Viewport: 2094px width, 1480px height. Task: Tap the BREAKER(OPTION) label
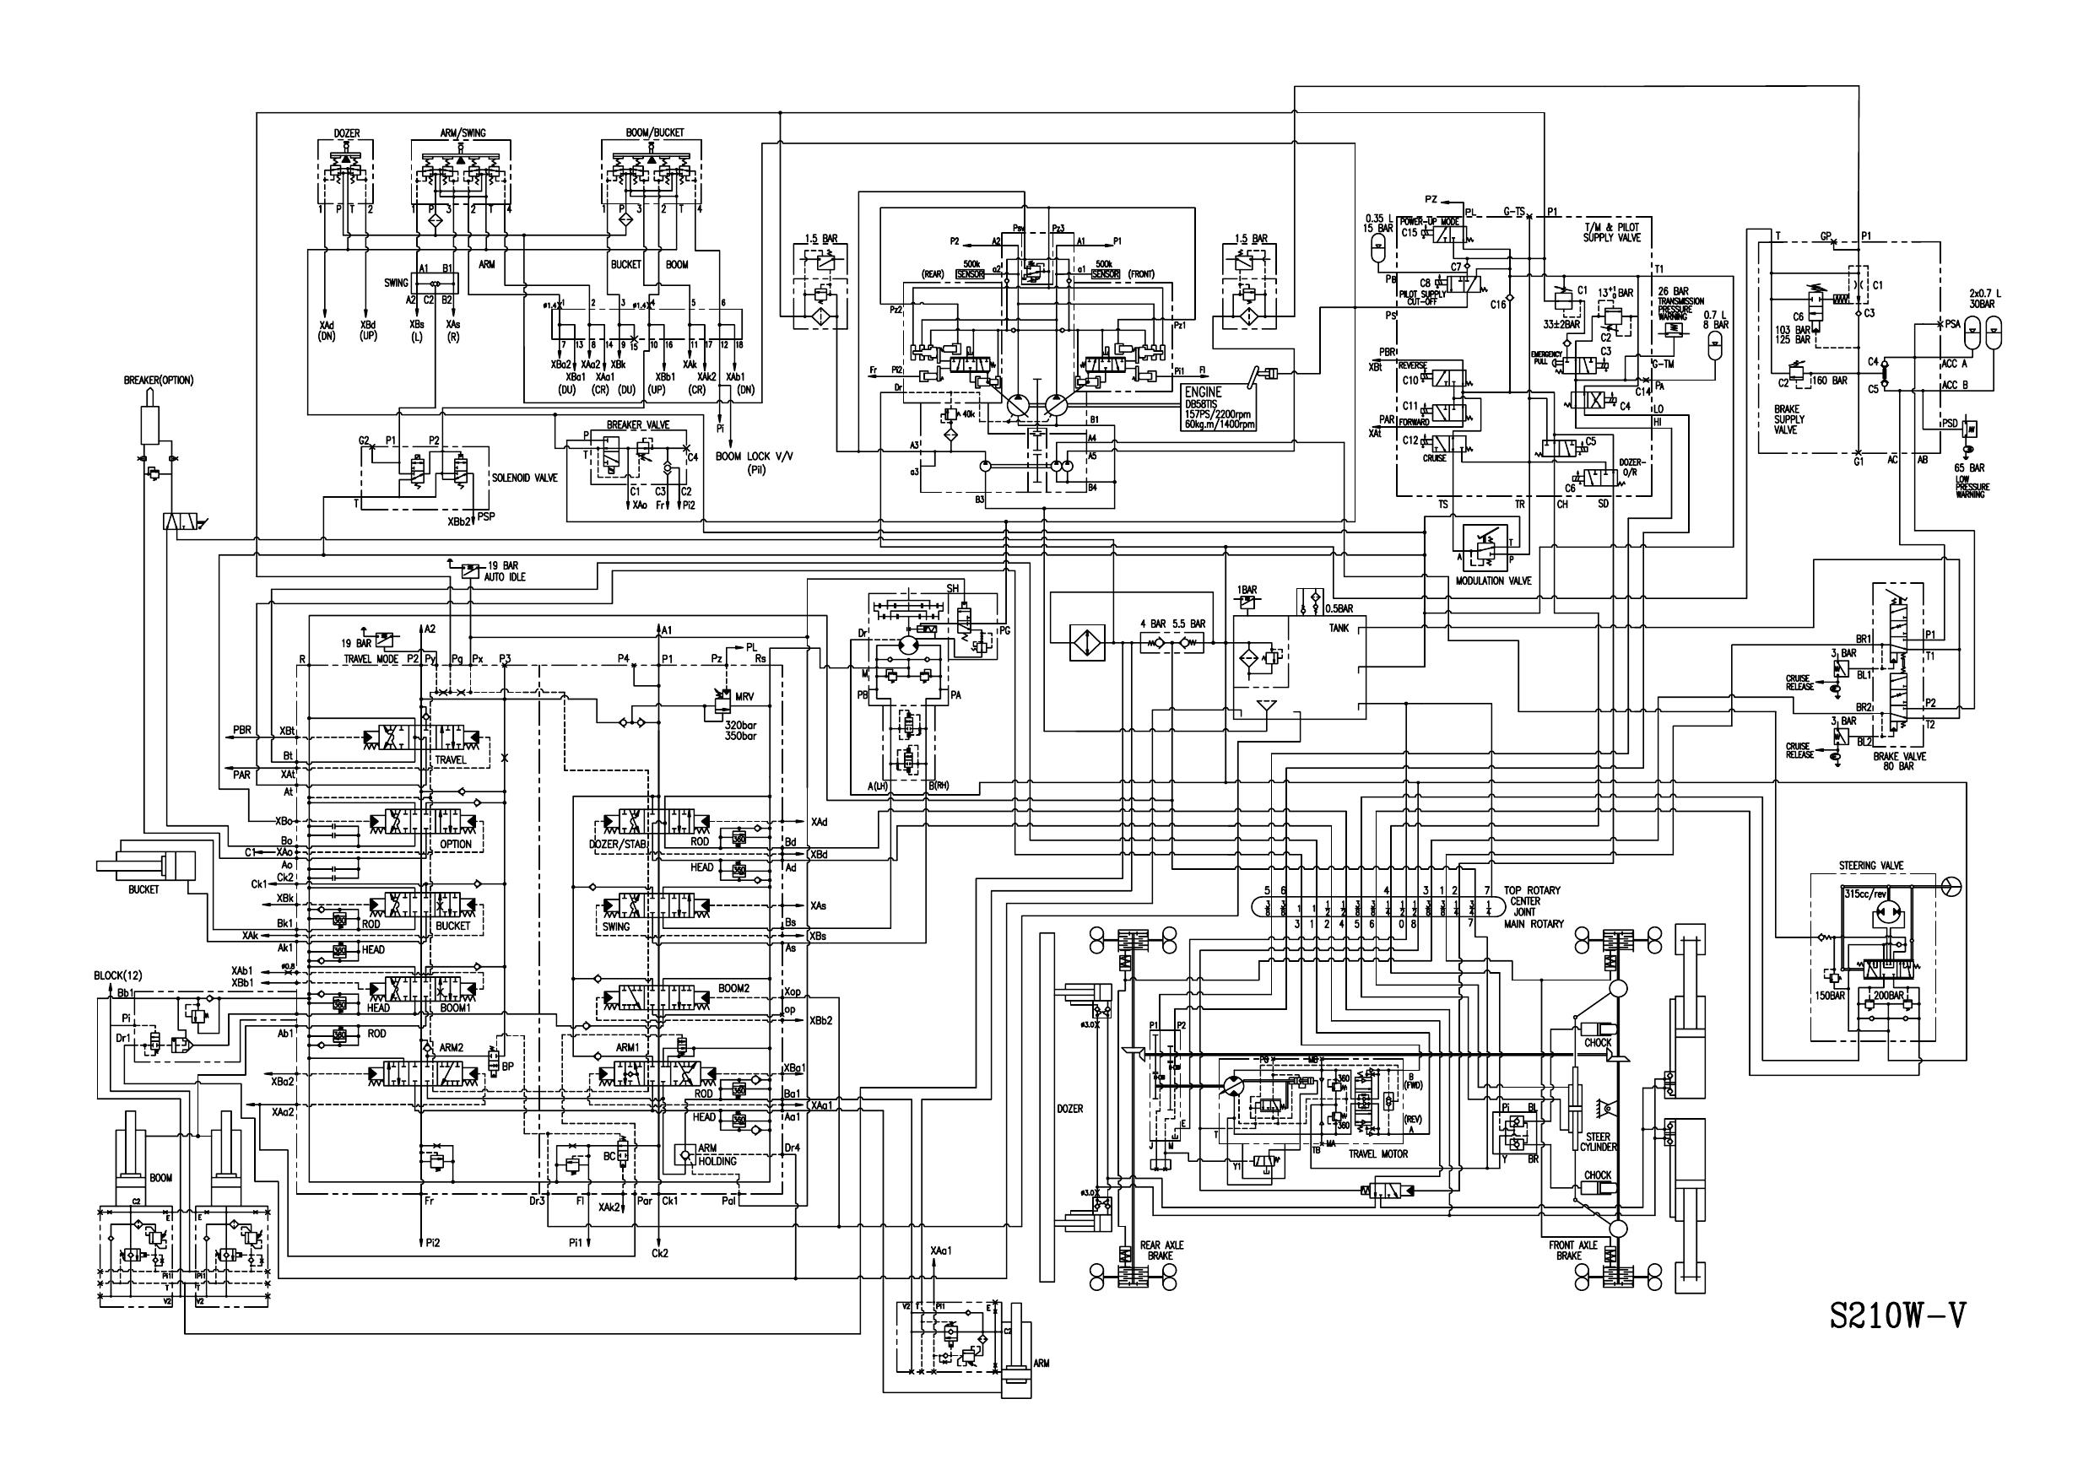coord(159,381)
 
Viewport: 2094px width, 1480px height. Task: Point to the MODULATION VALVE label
coord(1493,581)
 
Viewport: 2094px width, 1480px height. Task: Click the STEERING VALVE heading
coord(1871,866)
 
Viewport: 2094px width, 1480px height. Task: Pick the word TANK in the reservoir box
coord(1339,629)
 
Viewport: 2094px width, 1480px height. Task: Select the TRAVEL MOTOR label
coord(1378,1153)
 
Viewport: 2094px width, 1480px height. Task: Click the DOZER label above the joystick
coord(346,133)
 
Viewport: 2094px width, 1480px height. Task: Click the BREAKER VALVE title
coord(637,425)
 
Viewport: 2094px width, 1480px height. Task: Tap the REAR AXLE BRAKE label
coord(1161,1250)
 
